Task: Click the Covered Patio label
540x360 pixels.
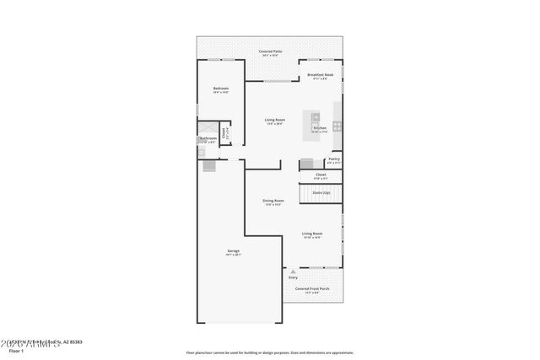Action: (270, 51)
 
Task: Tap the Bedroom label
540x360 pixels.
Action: (221, 89)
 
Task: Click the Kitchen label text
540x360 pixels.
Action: (320, 128)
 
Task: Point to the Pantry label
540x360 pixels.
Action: (334, 159)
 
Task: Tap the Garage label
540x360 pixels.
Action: (234, 251)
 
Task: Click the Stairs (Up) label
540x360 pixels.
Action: (321, 192)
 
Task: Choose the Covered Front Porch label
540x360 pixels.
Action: (312, 288)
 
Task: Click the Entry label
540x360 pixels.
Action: (294, 277)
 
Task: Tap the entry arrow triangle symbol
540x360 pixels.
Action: (294, 271)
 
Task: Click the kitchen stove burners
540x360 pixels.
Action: (337, 126)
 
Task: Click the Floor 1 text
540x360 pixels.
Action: (15, 351)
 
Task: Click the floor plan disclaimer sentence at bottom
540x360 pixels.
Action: (270, 352)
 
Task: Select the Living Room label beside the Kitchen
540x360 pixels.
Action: (274, 121)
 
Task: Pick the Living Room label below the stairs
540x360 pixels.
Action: (312, 234)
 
